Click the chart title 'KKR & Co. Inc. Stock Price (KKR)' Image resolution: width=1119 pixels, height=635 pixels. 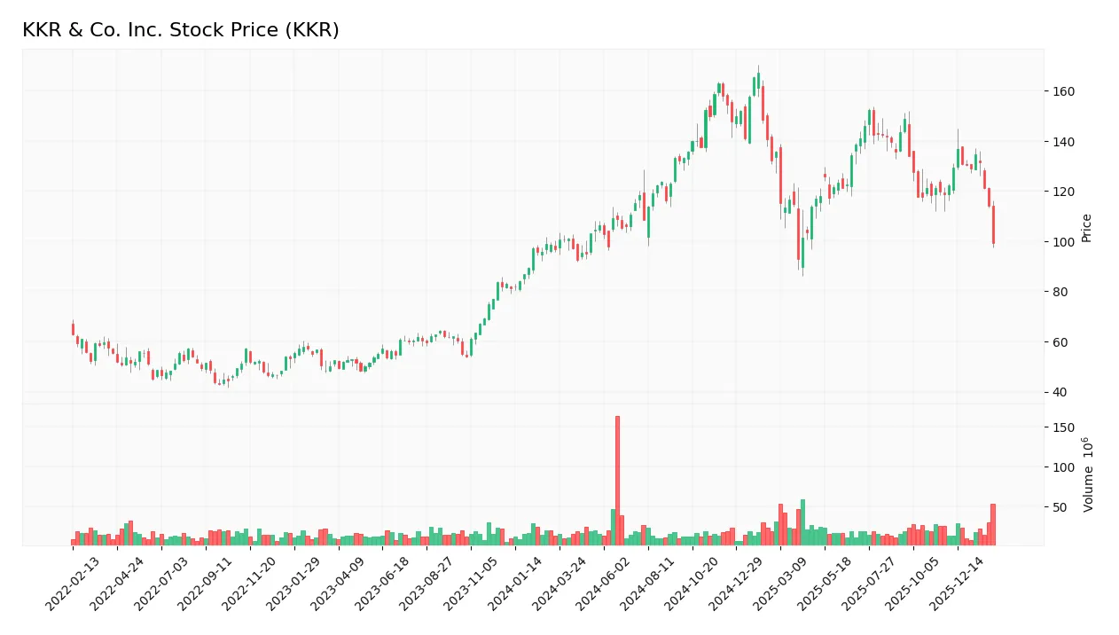180,30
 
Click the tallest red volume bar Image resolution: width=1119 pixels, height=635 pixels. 617,480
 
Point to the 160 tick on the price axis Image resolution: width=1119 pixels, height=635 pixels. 1062,91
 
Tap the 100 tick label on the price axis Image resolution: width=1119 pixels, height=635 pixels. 1062,242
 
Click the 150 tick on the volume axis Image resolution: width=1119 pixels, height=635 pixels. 1062,427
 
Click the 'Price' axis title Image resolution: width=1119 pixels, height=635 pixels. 1087,228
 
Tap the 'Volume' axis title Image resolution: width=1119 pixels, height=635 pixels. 1087,474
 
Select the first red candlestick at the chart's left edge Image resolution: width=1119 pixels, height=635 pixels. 73,329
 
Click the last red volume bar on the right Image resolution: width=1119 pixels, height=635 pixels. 993,524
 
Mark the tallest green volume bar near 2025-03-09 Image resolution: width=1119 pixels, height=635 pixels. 802,522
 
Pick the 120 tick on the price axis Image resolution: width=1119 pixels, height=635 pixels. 1062,192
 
